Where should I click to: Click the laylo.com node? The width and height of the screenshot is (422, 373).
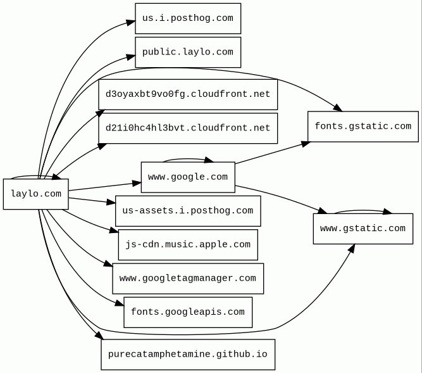36,194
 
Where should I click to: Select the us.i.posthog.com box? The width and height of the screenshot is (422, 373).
187,18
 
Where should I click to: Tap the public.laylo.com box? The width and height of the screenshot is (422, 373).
187,52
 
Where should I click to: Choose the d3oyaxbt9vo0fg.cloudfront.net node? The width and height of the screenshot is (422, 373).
187,94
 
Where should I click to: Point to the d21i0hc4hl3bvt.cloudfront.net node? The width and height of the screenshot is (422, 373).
187,128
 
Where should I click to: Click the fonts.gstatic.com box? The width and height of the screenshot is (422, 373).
363,126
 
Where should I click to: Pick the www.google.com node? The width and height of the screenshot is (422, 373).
187,177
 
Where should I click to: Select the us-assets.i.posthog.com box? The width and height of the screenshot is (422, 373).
187,211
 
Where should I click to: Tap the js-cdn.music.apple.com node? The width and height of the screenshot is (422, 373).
187,244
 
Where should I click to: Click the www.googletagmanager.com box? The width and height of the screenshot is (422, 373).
187,278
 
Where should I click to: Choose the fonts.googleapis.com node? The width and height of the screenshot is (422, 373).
187,312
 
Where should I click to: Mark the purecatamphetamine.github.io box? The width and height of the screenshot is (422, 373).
187,354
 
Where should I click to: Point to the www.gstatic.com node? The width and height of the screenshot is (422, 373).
363,229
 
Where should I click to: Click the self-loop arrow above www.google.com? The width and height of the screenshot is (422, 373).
187,159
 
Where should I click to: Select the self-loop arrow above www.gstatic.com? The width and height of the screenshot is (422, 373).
363,210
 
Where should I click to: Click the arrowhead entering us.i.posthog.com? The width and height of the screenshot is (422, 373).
130,23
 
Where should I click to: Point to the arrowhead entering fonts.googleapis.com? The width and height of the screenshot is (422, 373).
119,305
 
